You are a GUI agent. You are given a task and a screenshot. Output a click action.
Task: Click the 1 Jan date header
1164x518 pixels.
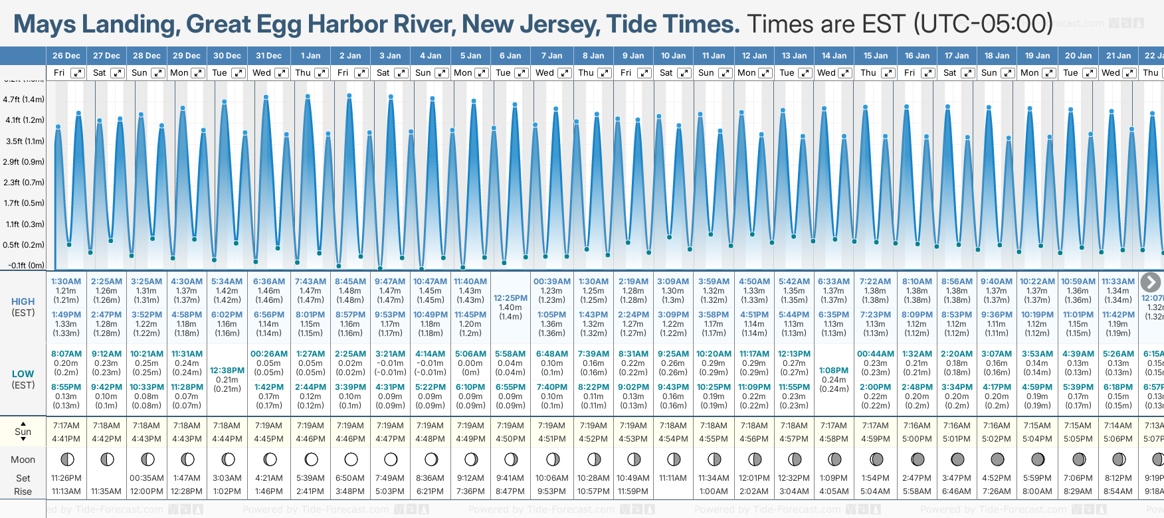pyautogui.click(x=310, y=56)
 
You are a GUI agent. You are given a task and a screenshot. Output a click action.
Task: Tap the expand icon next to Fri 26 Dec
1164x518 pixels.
pyautogui.click(x=78, y=73)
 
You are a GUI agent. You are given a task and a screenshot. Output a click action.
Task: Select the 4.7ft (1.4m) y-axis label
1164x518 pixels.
pyautogui.click(x=24, y=100)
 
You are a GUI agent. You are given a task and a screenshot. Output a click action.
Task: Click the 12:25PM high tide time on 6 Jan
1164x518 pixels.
pyautogui.click(x=510, y=298)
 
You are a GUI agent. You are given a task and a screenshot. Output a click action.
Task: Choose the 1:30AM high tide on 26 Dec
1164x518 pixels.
pyautogui.click(x=66, y=282)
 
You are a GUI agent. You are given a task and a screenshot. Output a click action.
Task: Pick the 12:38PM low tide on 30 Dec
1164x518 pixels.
pyautogui.click(x=227, y=371)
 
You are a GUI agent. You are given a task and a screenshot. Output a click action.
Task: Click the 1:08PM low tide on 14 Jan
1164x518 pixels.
pyautogui.click(x=834, y=371)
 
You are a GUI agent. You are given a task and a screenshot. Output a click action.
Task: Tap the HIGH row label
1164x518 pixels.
pyautogui.click(x=23, y=302)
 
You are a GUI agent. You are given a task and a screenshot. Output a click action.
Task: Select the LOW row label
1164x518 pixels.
pyautogui.click(x=23, y=374)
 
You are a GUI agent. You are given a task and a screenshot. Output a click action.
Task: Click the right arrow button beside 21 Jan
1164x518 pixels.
pyautogui.click(x=1150, y=282)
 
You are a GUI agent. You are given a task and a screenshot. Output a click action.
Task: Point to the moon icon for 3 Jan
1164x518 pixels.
pyautogui.click(x=391, y=459)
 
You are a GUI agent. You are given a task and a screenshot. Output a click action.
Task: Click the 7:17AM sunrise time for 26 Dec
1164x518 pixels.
pyautogui.click(x=66, y=426)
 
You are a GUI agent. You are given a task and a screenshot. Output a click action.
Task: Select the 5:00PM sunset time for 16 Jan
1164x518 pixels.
pyautogui.click(x=917, y=438)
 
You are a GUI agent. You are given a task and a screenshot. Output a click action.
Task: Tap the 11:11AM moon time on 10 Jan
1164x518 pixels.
pyautogui.click(x=673, y=478)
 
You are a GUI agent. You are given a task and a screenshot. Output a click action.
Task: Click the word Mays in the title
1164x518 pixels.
pyautogui.click(x=44, y=25)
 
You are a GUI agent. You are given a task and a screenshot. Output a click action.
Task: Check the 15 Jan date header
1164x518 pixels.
pyautogui.click(x=875, y=56)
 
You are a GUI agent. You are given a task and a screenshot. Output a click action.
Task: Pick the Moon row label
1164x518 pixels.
pyautogui.click(x=23, y=460)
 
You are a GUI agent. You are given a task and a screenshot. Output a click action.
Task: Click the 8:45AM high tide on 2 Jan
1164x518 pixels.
pyautogui.click(x=350, y=282)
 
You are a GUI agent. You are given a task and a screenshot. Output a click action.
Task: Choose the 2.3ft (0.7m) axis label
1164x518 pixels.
pyautogui.click(x=24, y=183)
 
